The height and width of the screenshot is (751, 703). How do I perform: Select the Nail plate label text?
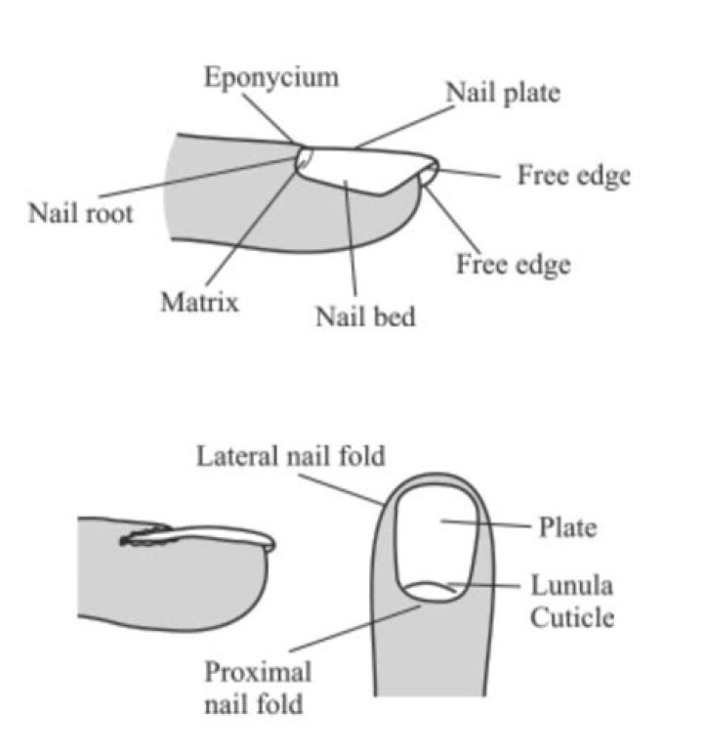(504, 94)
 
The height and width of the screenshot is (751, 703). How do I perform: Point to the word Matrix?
(199, 303)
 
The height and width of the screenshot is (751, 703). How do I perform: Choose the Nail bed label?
(364, 317)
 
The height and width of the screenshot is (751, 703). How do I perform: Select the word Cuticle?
(572, 617)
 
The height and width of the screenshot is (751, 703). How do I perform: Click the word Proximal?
(258, 672)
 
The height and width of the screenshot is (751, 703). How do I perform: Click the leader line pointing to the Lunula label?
(488, 588)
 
